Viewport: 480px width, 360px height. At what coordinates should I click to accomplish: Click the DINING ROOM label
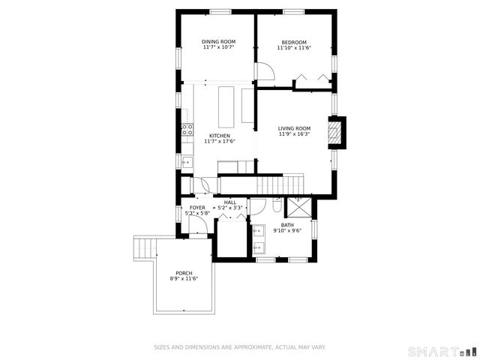[x=218, y=42]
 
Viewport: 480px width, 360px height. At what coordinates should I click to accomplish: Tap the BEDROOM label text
[x=294, y=42]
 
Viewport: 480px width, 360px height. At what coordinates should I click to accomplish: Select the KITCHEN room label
[x=219, y=136]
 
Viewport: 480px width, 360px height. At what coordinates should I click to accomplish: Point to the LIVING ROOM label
[x=294, y=128]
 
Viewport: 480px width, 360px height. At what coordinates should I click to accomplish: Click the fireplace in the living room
[x=338, y=133]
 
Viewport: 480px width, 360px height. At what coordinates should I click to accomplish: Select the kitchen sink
[x=186, y=161]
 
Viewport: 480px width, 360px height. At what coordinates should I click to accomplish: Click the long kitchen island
[x=226, y=106]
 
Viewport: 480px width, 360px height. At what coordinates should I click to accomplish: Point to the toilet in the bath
[x=277, y=205]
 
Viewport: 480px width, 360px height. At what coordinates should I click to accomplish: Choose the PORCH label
[x=184, y=273]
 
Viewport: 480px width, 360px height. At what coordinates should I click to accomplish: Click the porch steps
[x=144, y=248]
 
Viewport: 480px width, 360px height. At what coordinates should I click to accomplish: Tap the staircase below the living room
[x=280, y=183]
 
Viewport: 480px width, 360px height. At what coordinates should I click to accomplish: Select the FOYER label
[x=197, y=208]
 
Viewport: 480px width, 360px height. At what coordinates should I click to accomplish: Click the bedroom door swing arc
[x=265, y=73]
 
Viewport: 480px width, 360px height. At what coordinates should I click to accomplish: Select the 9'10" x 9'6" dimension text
[x=287, y=231]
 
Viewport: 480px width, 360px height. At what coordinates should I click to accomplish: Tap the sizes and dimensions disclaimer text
[x=239, y=347]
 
